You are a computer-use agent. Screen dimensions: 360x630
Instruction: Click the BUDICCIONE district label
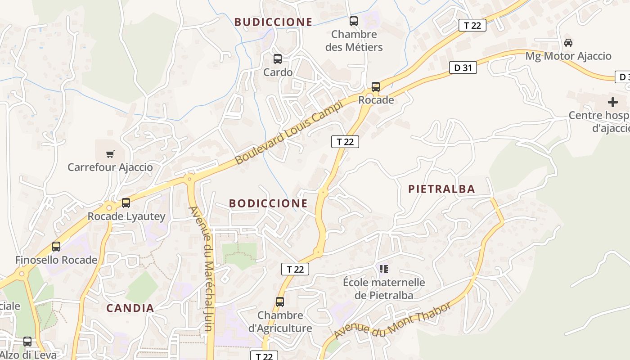tap(273, 22)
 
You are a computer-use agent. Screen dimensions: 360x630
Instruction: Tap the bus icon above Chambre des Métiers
tap(354, 21)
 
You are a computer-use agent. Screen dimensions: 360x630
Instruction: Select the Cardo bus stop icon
tap(278, 59)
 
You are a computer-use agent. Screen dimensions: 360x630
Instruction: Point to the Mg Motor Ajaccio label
tap(568, 56)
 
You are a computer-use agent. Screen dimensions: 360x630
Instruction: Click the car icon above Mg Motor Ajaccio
tap(568, 43)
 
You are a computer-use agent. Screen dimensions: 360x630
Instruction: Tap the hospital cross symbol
tap(612, 102)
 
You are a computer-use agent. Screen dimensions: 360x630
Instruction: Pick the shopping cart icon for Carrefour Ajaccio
tap(110, 154)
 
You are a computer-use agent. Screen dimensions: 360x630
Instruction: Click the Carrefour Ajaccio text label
tap(110, 167)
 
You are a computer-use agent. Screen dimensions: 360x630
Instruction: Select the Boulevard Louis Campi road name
tap(289, 132)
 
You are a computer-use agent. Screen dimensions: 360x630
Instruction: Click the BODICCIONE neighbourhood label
tap(268, 203)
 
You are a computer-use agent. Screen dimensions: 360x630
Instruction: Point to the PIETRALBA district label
tap(441, 189)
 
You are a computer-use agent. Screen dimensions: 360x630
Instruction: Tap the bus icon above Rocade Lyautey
tap(126, 203)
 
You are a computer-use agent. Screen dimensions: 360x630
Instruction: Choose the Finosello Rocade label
tap(56, 260)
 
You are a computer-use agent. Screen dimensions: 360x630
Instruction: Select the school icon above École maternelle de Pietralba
tap(384, 269)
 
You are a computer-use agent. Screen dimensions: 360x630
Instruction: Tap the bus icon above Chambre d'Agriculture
tap(280, 302)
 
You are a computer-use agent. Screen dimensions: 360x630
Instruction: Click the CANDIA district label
tap(130, 308)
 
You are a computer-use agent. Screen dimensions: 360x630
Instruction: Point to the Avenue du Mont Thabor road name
tap(392, 321)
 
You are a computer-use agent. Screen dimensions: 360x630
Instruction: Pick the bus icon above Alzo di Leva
tap(27, 342)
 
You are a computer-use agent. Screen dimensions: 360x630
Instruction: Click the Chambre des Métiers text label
tap(354, 40)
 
